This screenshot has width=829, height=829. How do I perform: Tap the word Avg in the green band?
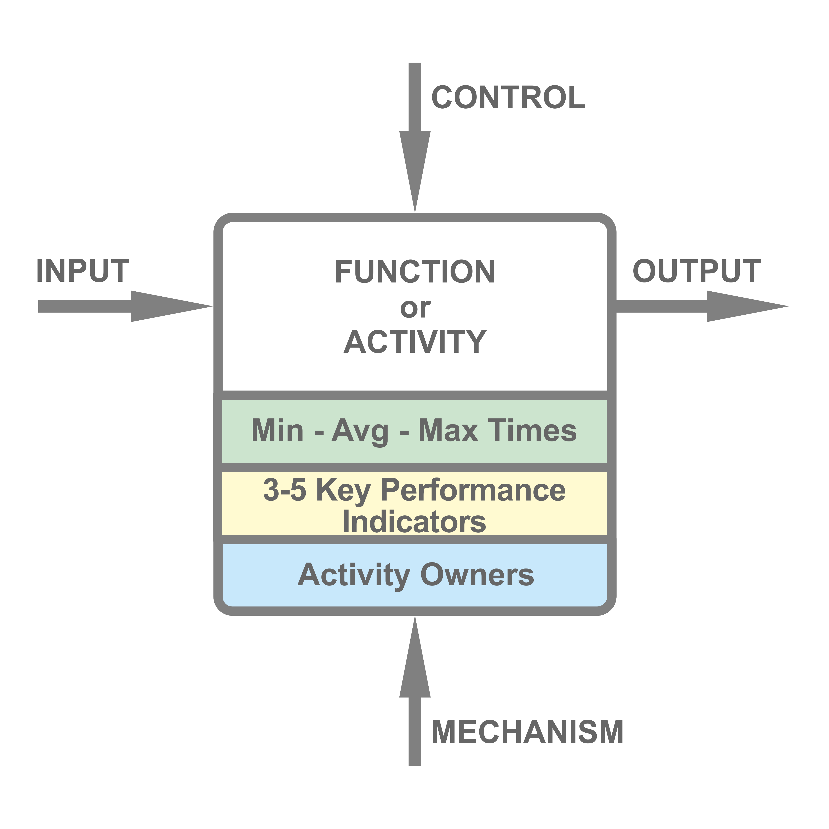(x=360, y=431)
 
